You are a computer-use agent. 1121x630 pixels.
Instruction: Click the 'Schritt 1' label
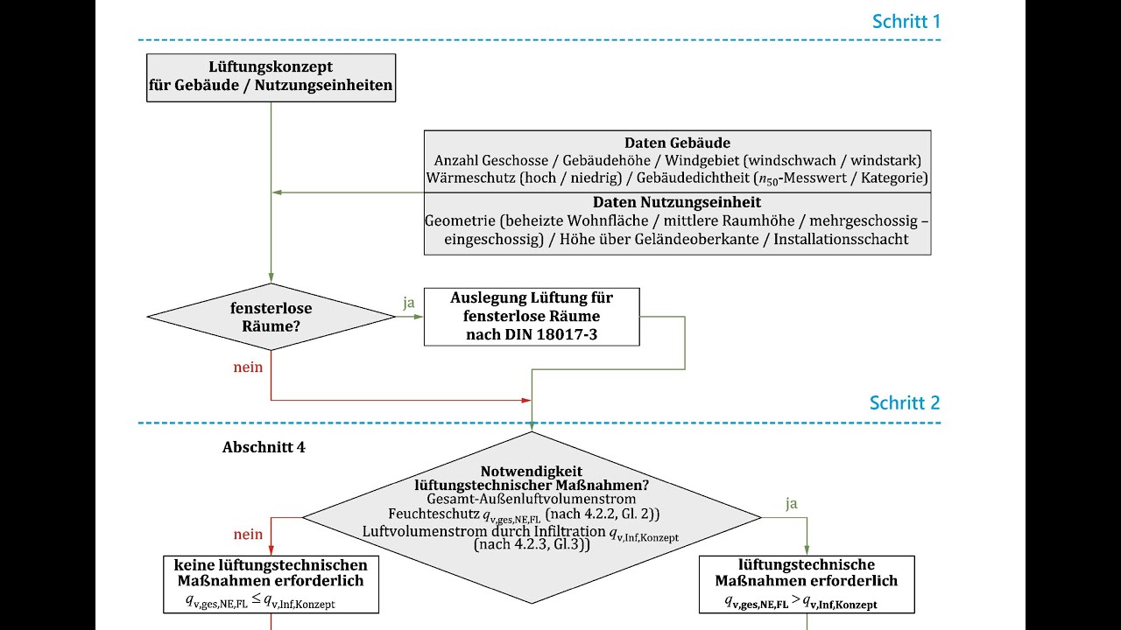[906, 22]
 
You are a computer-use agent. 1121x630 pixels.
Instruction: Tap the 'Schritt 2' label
[905, 402]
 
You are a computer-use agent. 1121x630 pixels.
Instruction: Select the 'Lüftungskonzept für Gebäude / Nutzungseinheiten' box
[271, 78]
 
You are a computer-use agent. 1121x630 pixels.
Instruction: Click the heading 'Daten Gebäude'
[677, 143]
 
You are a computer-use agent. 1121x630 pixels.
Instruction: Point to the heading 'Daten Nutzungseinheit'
[677, 202]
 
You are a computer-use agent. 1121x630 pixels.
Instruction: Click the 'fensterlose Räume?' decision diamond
[271, 317]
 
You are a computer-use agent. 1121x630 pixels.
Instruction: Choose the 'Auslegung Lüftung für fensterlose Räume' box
[532, 317]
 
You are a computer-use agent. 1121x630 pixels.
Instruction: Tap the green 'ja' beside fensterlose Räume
[409, 303]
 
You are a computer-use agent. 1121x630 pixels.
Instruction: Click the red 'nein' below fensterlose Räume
[248, 367]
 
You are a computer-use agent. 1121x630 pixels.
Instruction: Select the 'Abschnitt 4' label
[264, 447]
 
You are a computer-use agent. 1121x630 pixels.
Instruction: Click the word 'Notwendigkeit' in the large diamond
[532, 471]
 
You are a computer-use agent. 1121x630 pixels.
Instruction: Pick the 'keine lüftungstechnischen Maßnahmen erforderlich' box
[271, 584]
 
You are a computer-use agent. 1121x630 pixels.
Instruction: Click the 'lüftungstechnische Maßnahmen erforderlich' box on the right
[807, 584]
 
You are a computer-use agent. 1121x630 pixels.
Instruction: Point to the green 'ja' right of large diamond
[791, 503]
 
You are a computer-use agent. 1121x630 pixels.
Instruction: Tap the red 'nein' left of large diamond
[248, 535]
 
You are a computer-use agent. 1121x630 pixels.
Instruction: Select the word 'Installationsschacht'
[841, 239]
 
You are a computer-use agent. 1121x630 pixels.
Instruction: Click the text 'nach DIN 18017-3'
[532, 334]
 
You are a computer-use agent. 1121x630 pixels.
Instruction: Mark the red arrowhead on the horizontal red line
[526, 401]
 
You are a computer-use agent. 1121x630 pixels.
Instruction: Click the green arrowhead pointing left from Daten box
[277, 192]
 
